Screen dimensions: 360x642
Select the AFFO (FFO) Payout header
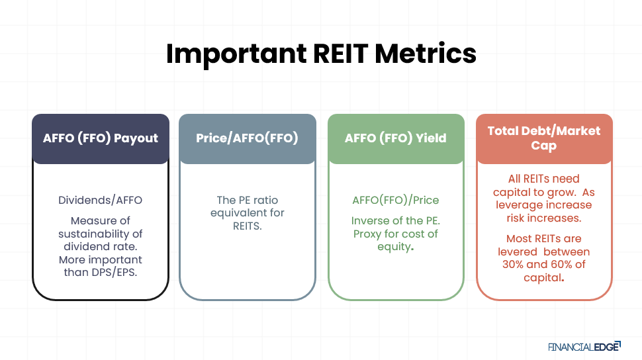click(x=101, y=138)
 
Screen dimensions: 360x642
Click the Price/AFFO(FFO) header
click(x=247, y=138)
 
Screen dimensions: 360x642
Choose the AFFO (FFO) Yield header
click(x=395, y=138)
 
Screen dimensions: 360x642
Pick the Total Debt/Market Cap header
click(x=544, y=138)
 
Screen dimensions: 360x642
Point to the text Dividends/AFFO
click(x=100, y=200)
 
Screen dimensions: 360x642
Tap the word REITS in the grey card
click(x=247, y=226)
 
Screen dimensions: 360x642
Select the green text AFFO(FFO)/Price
click(x=395, y=200)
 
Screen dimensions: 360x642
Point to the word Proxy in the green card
click(x=369, y=234)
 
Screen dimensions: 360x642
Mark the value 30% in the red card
click(x=514, y=265)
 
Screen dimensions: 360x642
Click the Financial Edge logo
click(x=584, y=346)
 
